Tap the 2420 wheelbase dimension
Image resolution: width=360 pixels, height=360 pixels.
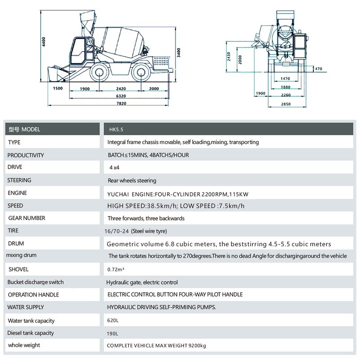[x=121, y=89]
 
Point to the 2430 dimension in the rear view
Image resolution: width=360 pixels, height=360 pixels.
[x=228, y=57]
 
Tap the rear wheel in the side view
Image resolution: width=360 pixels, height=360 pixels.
[x=141, y=72]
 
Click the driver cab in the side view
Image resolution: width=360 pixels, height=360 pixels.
[x=82, y=51]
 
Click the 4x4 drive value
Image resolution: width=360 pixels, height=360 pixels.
[x=115, y=167]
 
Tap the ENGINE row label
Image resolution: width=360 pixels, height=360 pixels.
[x=18, y=193]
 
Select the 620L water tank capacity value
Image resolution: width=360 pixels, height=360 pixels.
[x=112, y=321]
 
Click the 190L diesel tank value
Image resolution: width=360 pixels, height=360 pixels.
[x=112, y=333]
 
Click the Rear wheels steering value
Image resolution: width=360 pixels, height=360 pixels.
[x=132, y=180]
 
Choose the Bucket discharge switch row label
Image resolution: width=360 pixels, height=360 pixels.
[x=36, y=282]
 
